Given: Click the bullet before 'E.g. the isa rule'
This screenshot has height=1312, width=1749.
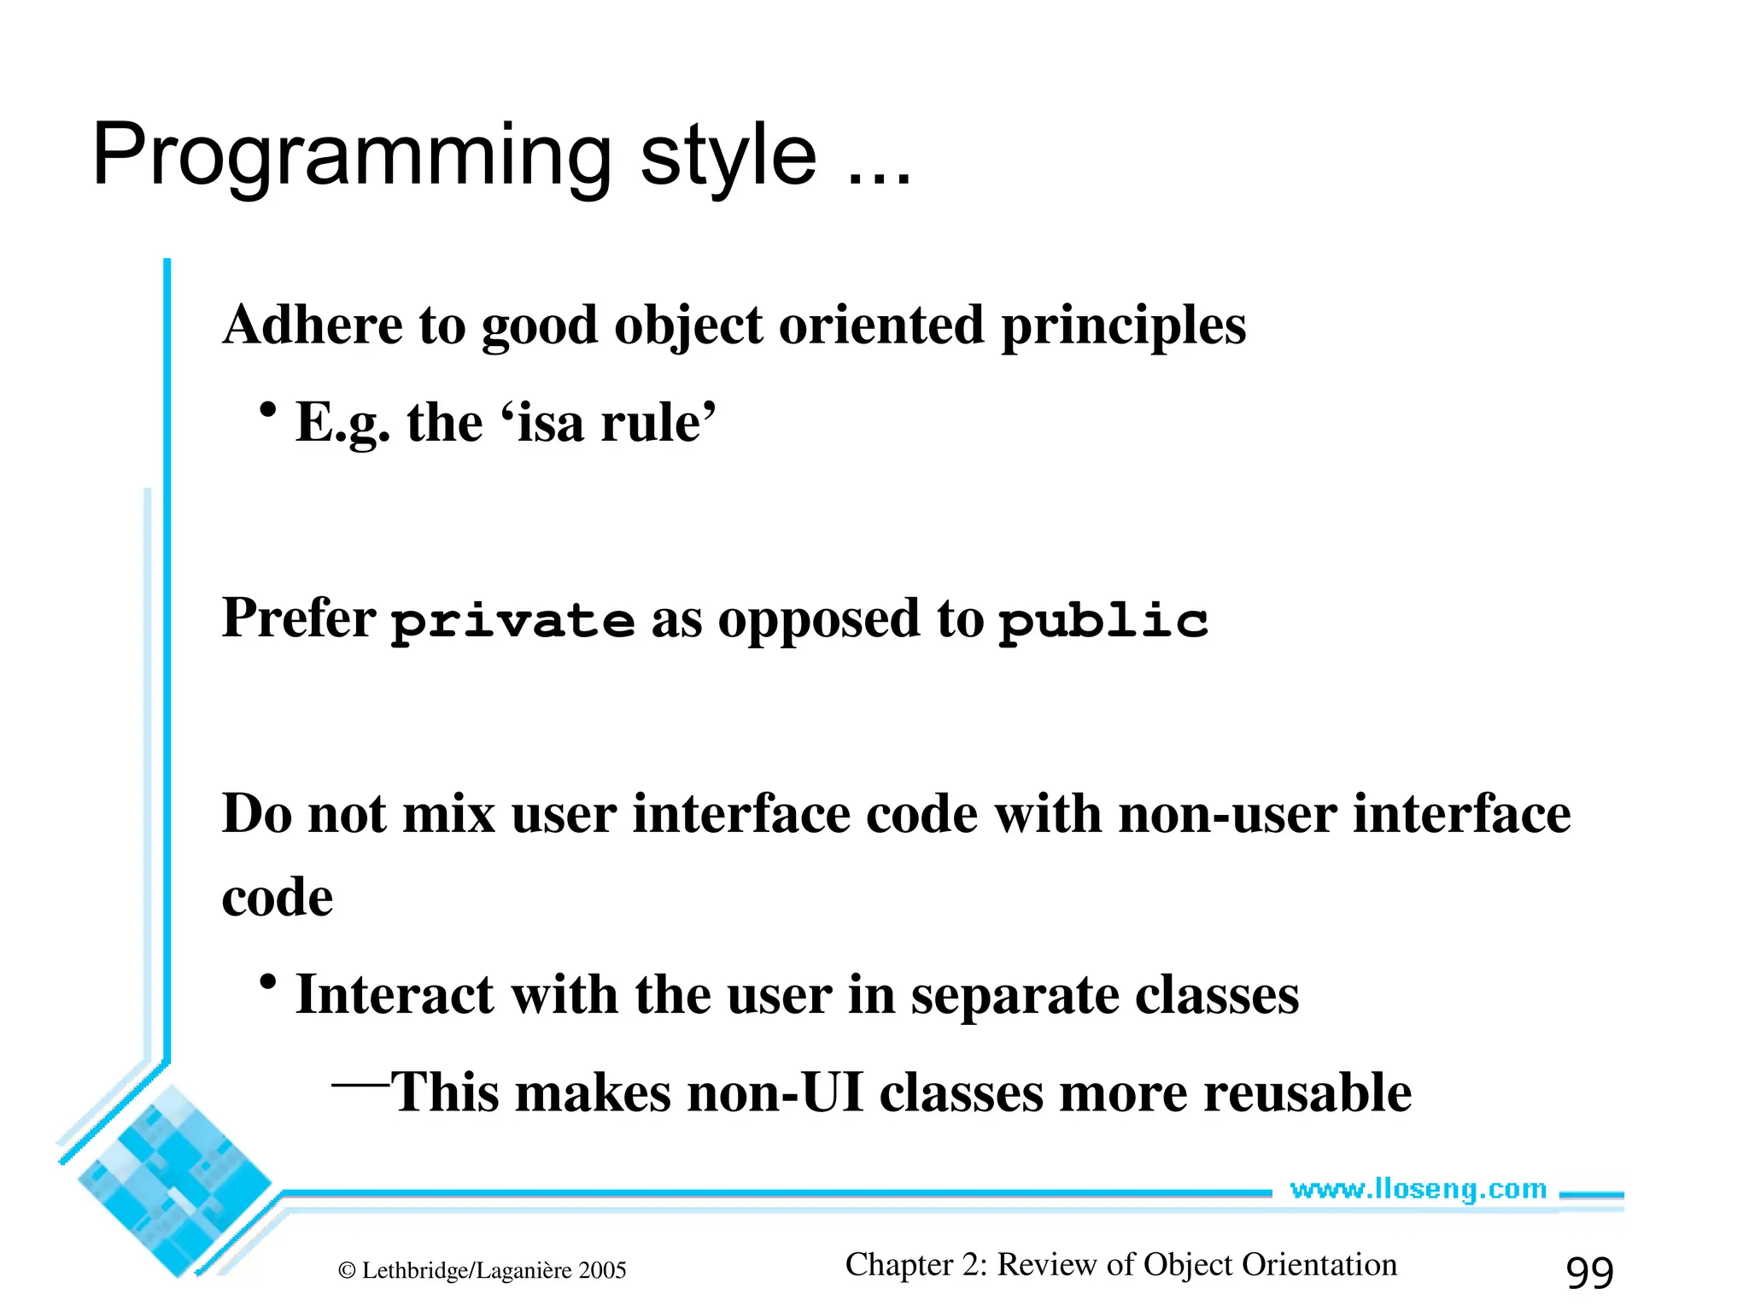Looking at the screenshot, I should tap(268, 411).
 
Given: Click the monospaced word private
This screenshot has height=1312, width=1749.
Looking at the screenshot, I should tap(512, 621).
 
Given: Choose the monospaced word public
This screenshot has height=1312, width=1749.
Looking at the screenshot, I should tap(1103, 621).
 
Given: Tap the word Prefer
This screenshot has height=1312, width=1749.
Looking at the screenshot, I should tap(298, 618).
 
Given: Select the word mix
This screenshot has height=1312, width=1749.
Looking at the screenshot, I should tap(448, 814).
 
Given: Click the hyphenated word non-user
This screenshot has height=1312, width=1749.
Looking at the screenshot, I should tap(1227, 814).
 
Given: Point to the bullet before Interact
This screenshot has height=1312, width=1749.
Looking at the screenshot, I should tap(268, 983).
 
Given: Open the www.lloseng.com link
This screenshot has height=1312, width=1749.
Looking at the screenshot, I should tap(1418, 1189).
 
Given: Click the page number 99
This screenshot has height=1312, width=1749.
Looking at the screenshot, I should tap(1589, 1273).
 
